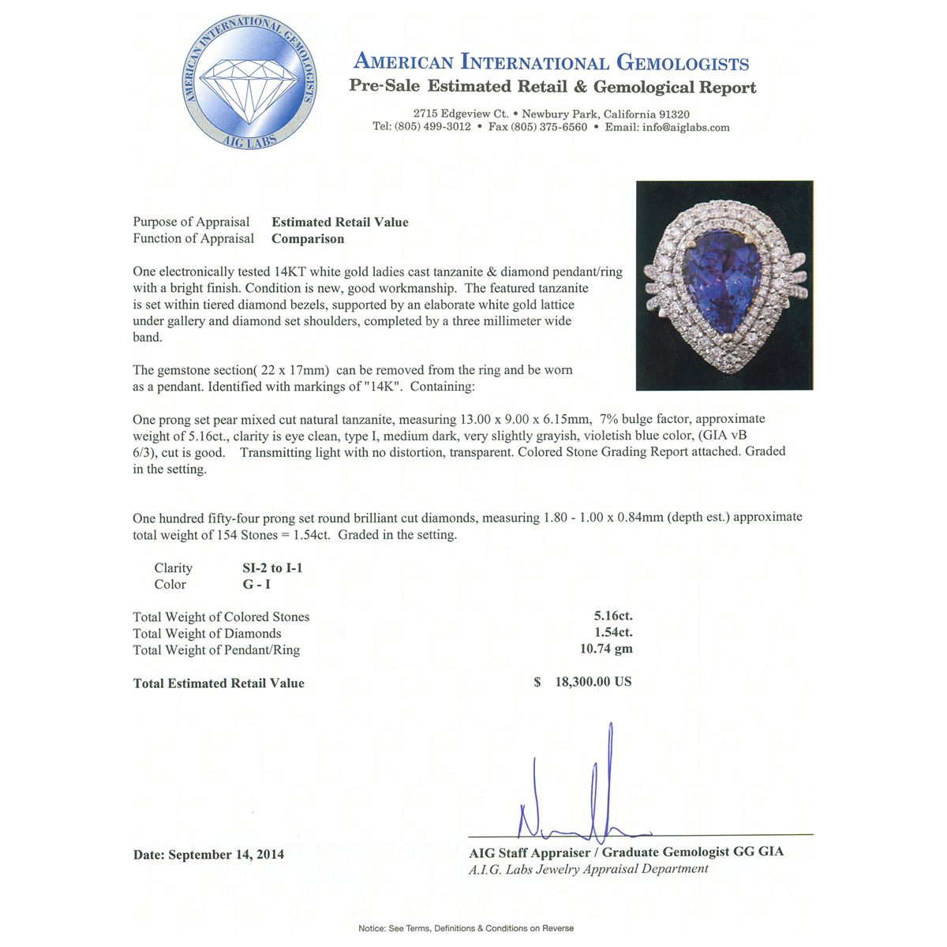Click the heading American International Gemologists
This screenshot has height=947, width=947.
click(x=551, y=62)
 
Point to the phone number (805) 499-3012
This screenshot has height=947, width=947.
click(x=432, y=127)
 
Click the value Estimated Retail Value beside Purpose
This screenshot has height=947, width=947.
click(x=340, y=223)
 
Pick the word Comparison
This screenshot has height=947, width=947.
click(x=308, y=239)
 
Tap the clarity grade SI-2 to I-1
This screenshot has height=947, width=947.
click(x=272, y=568)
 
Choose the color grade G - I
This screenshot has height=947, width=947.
click(x=258, y=585)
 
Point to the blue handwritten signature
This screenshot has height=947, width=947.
click(x=584, y=797)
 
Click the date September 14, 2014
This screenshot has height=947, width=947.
click(x=226, y=855)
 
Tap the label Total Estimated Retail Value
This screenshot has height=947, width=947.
click(x=219, y=683)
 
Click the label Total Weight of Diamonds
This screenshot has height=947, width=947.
click(x=207, y=634)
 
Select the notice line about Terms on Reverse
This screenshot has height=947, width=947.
click(x=466, y=928)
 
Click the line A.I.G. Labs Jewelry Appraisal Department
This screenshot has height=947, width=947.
click(x=588, y=869)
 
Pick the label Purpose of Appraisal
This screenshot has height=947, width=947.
click(x=191, y=223)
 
